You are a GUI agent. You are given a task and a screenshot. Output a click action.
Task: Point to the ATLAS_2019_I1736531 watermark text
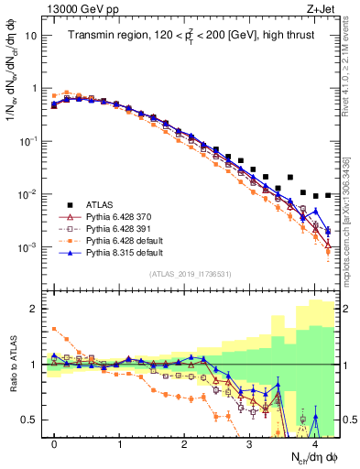tap(191, 274)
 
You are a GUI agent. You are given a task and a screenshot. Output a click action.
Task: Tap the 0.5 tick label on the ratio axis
tap(29, 420)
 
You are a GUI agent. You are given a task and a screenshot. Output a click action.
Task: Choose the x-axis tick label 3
tap(250, 443)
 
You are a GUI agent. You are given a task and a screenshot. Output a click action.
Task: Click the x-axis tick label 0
tap(54, 443)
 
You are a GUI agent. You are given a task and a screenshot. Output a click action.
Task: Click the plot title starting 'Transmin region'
tap(191, 36)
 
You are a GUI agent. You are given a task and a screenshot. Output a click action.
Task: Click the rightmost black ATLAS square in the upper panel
tap(329, 194)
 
